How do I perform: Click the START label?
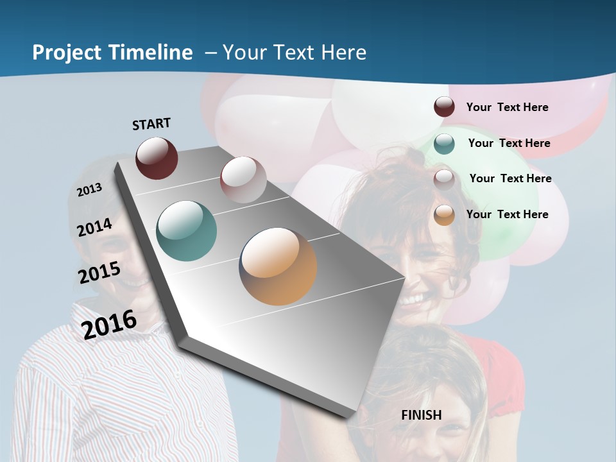[151, 124]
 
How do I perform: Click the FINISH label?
[422, 415]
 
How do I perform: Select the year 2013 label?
[90, 189]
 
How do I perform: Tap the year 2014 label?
[95, 227]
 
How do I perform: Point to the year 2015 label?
[99, 273]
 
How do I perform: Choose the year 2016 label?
[110, 324]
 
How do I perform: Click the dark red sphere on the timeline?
[157, 158]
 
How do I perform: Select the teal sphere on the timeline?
[186, 231]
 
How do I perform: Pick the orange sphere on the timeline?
[278, 266]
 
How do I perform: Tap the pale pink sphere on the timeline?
[243, 180]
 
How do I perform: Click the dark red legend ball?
[444, 107]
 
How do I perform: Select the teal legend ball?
[444, 144]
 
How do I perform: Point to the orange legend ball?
[444, 215]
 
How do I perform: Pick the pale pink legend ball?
[444, 179]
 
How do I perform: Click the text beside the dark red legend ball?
[507, 107]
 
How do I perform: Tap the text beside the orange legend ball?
[507, 214]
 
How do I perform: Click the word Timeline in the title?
[150, 53]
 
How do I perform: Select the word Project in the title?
[65, 53]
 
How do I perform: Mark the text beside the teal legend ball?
[509, 143]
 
